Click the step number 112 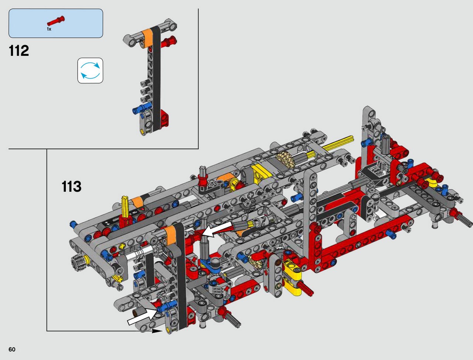[x=19, y=51]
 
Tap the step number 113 [x=72, y=186]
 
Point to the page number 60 [x=12, y=349]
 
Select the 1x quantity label [x=49, y=29]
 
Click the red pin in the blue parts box [x=56, y=21]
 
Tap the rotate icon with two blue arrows [x=90, y=71]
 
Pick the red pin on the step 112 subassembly [x=169, y=42]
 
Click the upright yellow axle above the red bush [x=125, y=206]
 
